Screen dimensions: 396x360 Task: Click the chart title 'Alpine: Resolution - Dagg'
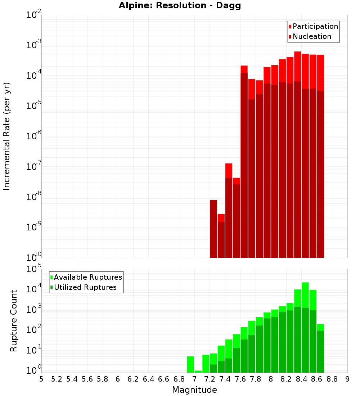[180, 6]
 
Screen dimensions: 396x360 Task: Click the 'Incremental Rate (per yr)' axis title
[7, 136]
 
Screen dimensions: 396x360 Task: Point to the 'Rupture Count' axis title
[14, 320]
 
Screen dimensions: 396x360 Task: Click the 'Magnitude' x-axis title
[194, 390]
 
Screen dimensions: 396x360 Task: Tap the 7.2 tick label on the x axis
[210, 379]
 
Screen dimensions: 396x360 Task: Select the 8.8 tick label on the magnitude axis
[332, 379]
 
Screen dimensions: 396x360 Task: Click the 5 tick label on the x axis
[41, 379]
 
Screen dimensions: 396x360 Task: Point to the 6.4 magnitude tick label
[148, 379]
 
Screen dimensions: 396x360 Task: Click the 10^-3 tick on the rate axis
[33, 45]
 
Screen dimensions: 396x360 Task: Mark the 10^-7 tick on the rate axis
[33, 167]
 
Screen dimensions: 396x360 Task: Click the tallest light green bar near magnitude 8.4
[305, 295]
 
